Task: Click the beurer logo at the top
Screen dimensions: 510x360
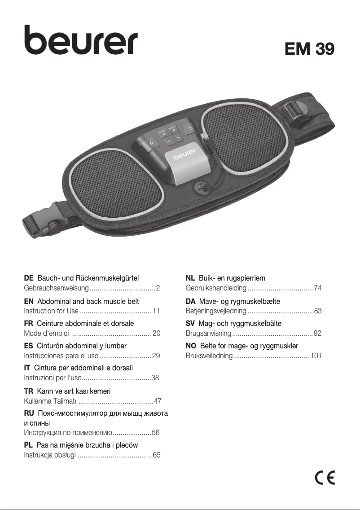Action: tap(81, 40)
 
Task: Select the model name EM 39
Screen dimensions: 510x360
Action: tap(309, 49)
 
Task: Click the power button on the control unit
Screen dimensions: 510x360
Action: tap(190, 128)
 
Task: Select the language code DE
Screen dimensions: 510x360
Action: tap(29, 279)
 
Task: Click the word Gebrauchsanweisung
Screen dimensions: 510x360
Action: tap(57, 288)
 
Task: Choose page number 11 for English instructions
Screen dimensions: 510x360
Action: tap(157, 311)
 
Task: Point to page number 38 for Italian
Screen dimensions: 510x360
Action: tap(156, 378)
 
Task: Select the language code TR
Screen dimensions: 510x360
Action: tap(28, 391)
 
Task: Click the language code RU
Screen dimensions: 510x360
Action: tap(29, 413)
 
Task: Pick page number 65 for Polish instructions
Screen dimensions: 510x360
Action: tap(157, 455)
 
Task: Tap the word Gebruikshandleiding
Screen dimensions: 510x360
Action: tap(216, 288)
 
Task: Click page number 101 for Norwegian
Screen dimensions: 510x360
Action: tap(316, 356)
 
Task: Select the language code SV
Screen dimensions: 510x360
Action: tap(190, 323)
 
